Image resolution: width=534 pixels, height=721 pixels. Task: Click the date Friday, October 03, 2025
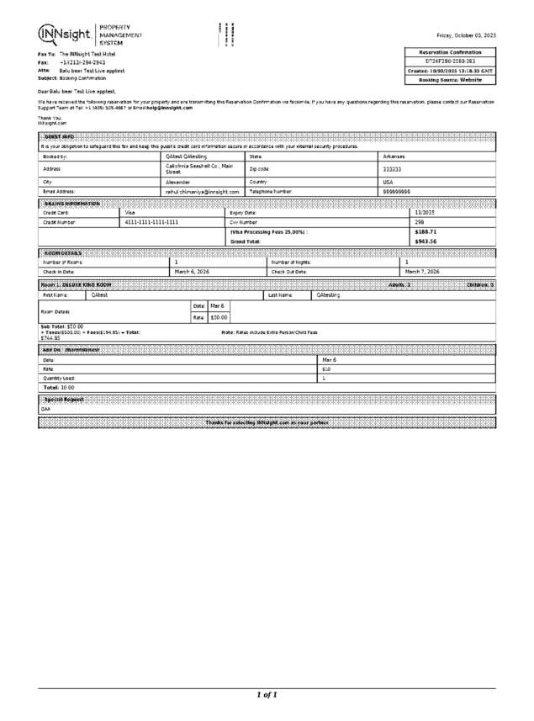pos(465,35)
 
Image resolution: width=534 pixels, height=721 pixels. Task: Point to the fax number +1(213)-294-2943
pos(82,62)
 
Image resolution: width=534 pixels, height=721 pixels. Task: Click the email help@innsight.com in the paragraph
pos(170,108)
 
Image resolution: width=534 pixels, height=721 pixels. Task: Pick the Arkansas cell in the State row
pos(394,156)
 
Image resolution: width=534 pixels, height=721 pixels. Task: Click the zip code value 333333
pos(392,170)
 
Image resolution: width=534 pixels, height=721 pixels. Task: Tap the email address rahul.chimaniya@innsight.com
pos(203,192)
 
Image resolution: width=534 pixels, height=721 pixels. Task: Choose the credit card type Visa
pos(130,213)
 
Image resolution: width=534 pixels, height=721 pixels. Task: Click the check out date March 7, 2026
pos(422,272)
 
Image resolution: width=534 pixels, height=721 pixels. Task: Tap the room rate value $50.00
pos(219,317)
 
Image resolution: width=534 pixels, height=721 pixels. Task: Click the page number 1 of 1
pos(267,695)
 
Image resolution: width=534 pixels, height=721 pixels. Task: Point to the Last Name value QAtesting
pos(328,295)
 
